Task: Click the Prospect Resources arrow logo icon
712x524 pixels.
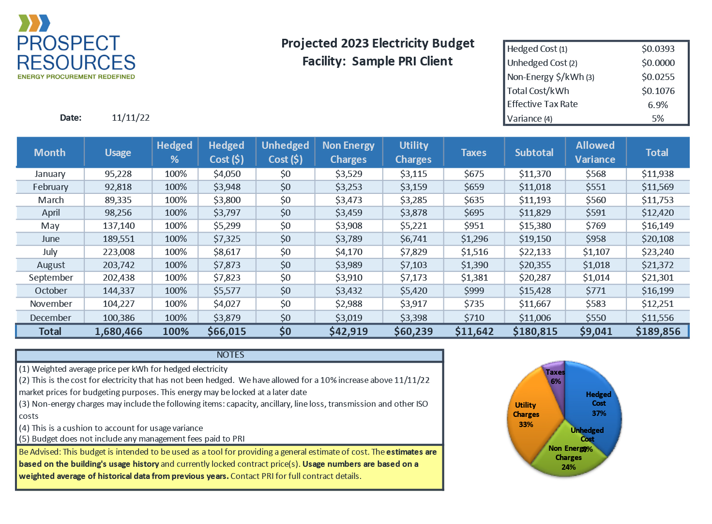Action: tap(34, 23)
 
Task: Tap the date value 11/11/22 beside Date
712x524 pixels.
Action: tap(131, 118)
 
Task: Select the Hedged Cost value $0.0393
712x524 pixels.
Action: tap(658, 48)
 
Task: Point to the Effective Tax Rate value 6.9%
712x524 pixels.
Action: tap(658, 105)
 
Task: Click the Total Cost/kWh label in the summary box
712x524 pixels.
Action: tap(538, 91)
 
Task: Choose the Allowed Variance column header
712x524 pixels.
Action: tap(595, 152)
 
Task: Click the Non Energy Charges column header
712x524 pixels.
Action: tap(348, 152)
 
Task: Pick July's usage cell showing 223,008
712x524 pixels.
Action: tap(119, 252)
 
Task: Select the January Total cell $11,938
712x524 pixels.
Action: tap(657, 174)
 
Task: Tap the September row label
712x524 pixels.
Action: tap(51, 278)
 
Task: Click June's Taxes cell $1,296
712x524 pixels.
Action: tap(474, 239)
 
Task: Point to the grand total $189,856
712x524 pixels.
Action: tap(658, 332)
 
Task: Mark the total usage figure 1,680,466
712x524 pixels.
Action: tap(119, 332)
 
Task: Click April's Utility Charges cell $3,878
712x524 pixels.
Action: tap(413, 213)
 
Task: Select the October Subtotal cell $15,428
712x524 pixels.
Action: tap(535, 291)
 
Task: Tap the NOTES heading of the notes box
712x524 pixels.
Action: tap(230, 355)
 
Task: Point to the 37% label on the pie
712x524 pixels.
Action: tap(599, 413)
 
